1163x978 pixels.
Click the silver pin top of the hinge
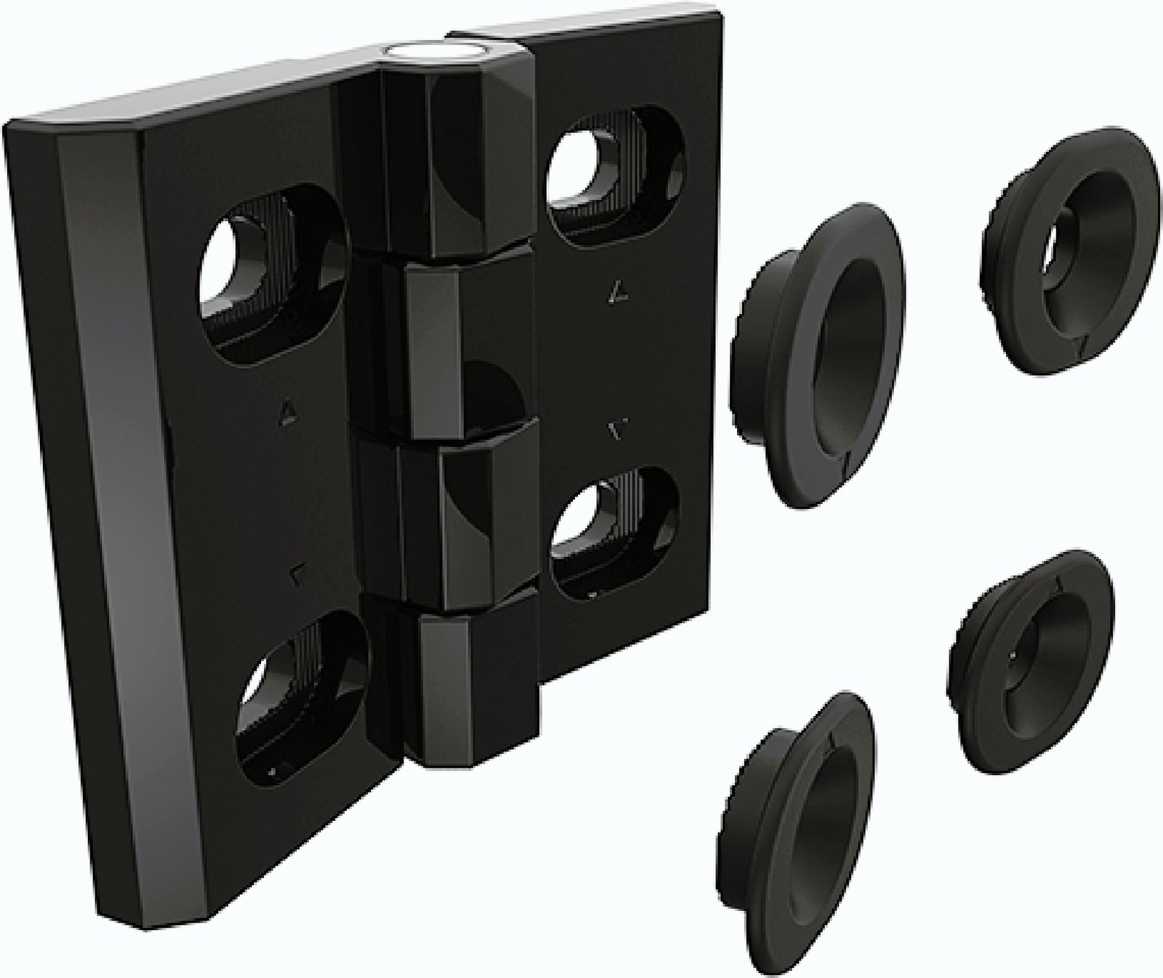pos(433,52)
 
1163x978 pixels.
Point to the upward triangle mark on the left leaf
pos(287,415)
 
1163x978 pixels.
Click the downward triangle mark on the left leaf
pos(297,575)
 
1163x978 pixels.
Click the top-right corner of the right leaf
pos(716,22)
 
